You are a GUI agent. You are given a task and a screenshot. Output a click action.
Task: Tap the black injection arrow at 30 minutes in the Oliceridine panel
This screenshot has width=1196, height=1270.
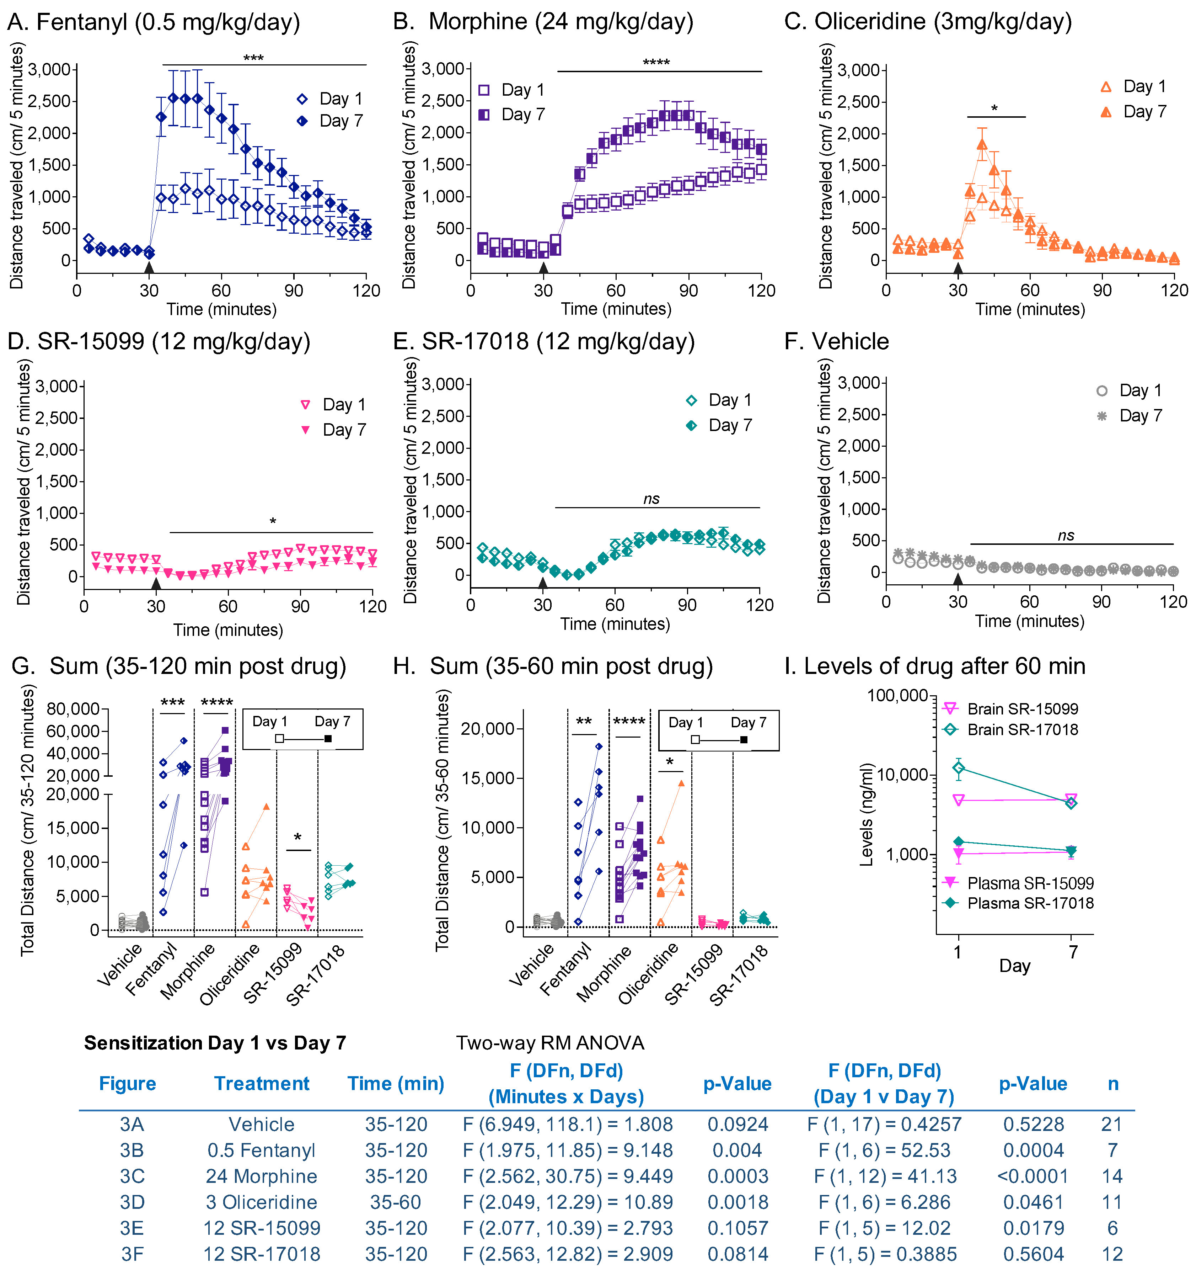click(x=958, y=268)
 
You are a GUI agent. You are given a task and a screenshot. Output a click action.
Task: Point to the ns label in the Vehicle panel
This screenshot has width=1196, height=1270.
click(x=1066, y=535)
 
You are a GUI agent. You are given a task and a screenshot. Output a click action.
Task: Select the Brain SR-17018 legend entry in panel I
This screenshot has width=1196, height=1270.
click(x=1012, y=729)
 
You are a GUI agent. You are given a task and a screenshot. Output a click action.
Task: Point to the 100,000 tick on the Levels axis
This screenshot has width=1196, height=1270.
click(x=896, y=695)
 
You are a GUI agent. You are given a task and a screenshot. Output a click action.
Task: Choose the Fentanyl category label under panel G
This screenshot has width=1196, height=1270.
click(x=152, y=971)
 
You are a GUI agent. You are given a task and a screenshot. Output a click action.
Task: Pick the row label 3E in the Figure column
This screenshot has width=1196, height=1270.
click(x=132, y=1228)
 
